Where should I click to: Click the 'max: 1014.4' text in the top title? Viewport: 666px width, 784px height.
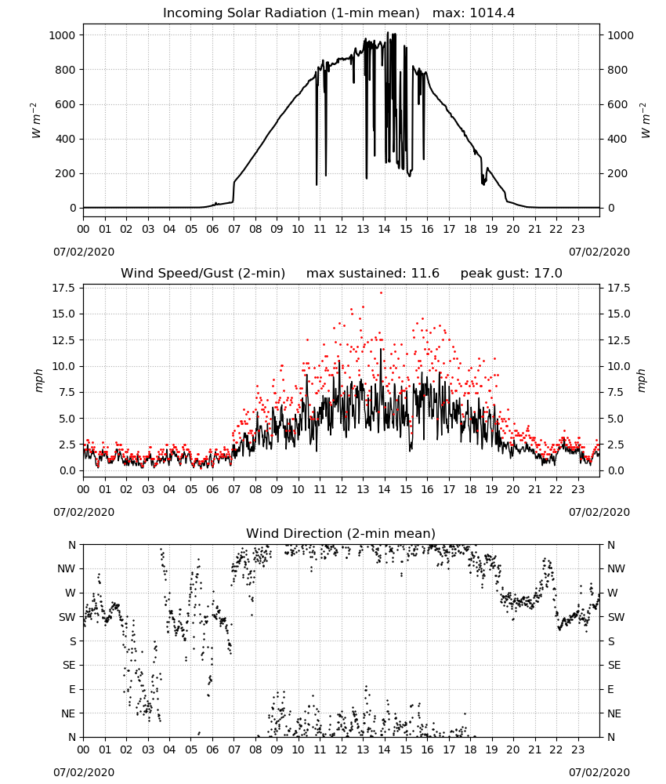(x=473, y=13)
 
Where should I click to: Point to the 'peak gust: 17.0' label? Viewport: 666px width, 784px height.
(x=511, y=274)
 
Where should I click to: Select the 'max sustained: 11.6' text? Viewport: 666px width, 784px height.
(x=373, y=274)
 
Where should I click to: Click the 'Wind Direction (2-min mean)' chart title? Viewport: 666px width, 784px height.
(x=341, y=533)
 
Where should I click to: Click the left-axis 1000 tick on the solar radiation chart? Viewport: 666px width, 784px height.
(x=63, y=35)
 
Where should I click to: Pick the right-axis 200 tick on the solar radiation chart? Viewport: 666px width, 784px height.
(x=617, y=173)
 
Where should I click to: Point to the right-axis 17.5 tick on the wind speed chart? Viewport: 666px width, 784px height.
(x=619, y=288)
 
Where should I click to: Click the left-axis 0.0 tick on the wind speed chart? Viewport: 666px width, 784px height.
(x=67, y=470)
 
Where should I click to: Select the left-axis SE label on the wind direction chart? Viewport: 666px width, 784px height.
(x=69, y=665)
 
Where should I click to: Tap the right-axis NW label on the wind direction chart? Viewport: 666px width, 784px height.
(x=616, y=568)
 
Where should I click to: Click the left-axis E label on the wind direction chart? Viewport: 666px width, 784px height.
(x=72, y=689)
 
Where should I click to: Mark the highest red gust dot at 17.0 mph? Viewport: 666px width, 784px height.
(x=382, y=293)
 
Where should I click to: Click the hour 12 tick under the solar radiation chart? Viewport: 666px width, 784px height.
(x=342, y=230)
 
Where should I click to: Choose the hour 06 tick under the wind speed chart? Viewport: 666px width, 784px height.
(x=212, y=489)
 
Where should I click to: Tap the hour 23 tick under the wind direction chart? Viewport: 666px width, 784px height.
(x=578, y=750)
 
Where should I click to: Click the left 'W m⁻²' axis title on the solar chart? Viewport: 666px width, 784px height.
(x=37, y=121)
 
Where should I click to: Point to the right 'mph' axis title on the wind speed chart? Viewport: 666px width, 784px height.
(x=642, y=380)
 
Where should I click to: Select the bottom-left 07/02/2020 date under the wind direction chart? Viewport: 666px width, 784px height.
(x=84, y=772)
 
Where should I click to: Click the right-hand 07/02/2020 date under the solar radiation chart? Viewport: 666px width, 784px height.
(x=599, y=252)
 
